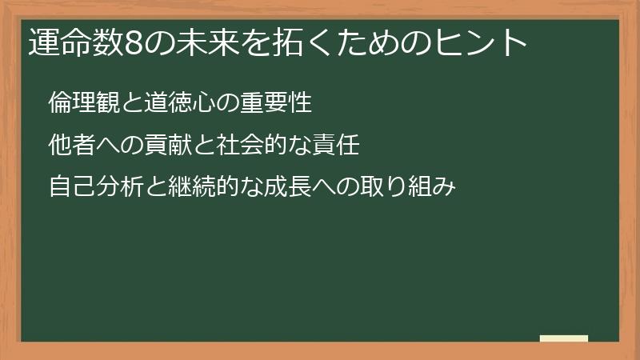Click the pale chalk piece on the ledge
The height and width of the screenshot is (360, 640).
tap(563, 339)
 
